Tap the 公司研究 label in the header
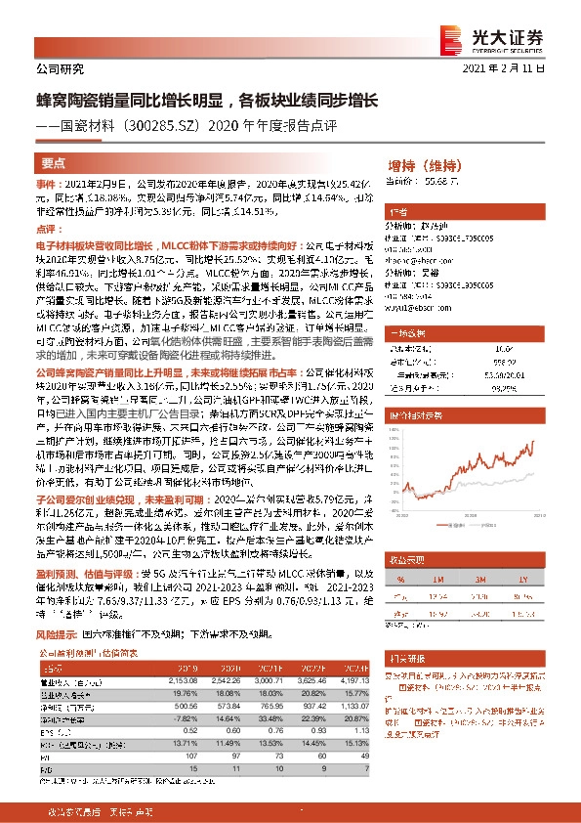point(60,68)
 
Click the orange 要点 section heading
point(53,163)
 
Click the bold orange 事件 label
point(48,182)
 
